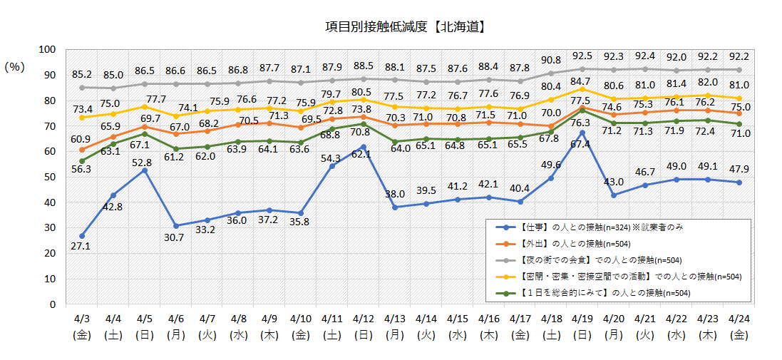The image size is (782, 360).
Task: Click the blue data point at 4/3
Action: (82, 235)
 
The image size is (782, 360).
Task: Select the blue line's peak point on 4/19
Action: (582, 133)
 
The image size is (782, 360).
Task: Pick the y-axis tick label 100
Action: (46, 49)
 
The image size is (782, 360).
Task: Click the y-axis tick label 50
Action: (49, 177)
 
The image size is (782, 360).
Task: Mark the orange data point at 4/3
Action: (82, 149)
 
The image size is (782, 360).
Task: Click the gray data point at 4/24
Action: (739, 70)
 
